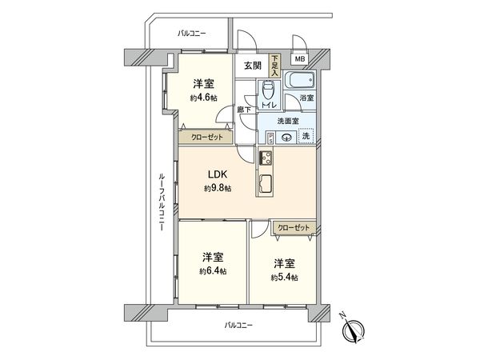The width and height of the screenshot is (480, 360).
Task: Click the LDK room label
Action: point(216,174)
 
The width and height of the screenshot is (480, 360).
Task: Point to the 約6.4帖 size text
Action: point(212,271)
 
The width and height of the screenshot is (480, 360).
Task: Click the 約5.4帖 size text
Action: point(284,277)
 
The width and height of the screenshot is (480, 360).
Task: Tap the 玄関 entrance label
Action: point(252,66)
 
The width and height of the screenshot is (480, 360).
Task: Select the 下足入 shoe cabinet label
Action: point(274,63)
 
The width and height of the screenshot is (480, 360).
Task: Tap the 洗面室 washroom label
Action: point(287,121)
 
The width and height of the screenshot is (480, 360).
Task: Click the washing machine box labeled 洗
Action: point(305,136)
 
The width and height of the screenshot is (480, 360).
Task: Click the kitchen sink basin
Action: point(266,185)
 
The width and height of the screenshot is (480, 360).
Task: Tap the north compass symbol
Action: point(354,329)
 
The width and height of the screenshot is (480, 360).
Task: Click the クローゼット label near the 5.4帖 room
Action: point(293,228)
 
